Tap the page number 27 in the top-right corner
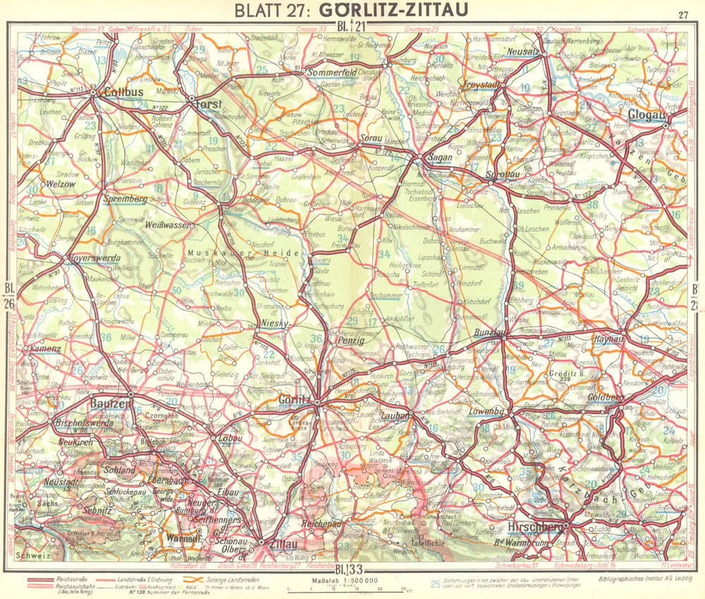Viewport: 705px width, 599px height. click(x=682, y=14)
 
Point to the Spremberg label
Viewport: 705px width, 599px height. click(x=125, y=200)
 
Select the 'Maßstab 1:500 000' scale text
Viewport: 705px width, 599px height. click(x=341, y=581)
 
